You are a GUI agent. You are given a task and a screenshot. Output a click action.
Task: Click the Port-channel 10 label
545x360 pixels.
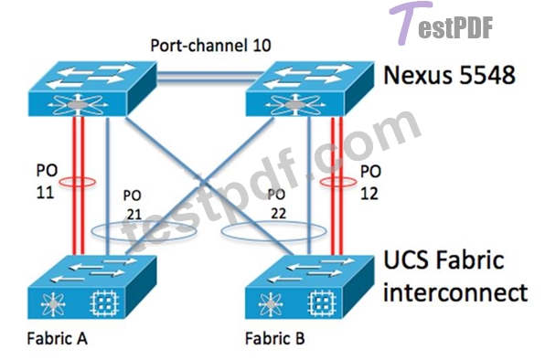pos(210,46)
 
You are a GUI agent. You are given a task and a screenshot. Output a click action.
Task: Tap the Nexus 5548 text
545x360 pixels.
pos(449,75)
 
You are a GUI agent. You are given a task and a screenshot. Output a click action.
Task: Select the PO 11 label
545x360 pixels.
pos(47,182)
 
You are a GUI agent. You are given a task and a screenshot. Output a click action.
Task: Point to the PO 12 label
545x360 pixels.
pos(370,182)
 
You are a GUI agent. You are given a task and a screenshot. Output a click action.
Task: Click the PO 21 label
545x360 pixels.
pos(134,206)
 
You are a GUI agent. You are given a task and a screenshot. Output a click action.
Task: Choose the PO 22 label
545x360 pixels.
pos(277,204)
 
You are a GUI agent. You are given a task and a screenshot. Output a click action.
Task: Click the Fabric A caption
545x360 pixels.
pos(57,338)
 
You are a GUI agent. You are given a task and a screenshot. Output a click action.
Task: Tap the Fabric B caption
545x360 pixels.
pos(275,338)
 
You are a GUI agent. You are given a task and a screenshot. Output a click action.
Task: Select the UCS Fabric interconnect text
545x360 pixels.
pos(455,276)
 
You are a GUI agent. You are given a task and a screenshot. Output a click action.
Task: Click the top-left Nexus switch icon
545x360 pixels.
pos(92,89)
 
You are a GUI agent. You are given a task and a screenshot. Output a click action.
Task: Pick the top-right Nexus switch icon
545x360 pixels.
pos(310,89)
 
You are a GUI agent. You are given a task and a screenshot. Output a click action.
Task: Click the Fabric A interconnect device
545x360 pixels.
pos(91,287)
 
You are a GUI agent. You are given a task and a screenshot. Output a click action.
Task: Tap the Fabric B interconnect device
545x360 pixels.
pos(309,287)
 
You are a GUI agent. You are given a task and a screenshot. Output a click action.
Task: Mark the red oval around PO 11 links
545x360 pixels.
pos(59,182)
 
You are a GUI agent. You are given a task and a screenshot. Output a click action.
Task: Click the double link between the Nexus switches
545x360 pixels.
pos(209,77)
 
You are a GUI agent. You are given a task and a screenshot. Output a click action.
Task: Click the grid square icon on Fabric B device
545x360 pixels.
pos(322,303)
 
